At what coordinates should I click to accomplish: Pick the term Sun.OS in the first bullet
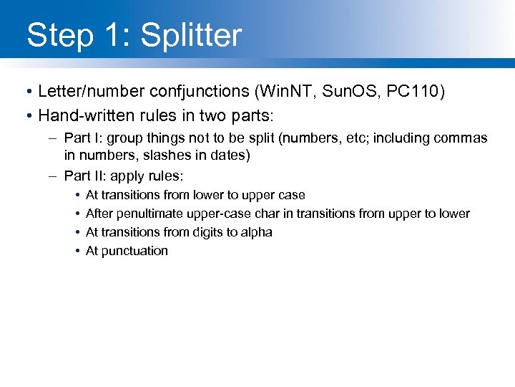342,92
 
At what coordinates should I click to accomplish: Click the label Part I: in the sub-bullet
79,138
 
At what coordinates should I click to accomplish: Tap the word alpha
257,232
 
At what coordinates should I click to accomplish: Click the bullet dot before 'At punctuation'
76,251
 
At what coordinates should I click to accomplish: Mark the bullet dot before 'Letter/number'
26,92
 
